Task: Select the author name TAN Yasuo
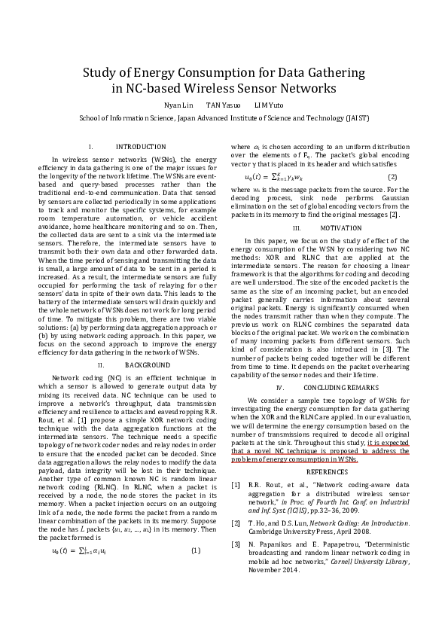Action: tap(224, 105)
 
